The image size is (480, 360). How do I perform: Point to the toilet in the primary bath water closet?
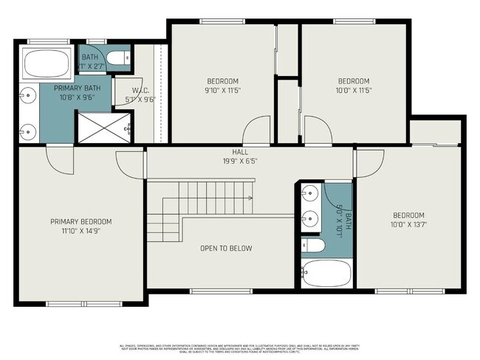pos(118,57)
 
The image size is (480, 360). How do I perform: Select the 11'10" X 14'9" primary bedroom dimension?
pos(80,231)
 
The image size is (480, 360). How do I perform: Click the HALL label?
pos(230,152)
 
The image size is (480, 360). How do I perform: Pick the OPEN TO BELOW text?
pos(226,249)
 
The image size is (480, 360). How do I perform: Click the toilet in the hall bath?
pos(310,246)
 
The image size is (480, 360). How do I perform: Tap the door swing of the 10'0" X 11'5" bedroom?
pos(317,131)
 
